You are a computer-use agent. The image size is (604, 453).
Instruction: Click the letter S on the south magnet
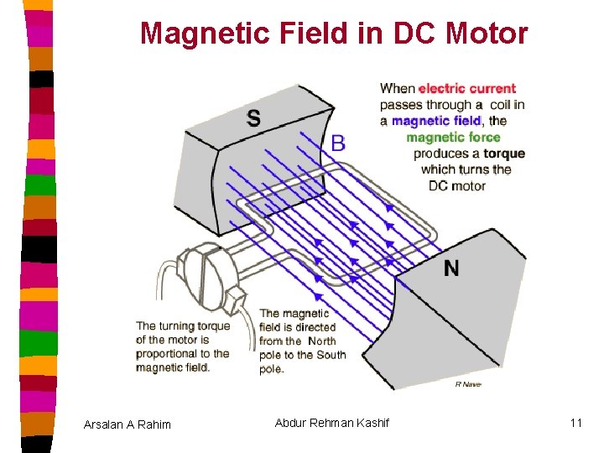point(253,118)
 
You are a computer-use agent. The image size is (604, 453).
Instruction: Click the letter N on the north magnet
point(451,268)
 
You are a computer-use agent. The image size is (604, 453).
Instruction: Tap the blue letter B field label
point(338,143)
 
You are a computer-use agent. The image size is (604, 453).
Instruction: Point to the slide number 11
point(575,423)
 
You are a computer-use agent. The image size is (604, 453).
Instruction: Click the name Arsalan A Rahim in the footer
point(128,424)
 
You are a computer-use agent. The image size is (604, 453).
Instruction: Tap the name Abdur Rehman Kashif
point(332,423)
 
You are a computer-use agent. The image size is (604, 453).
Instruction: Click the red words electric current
point(467,89)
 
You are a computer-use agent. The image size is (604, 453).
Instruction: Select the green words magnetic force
point(453,138)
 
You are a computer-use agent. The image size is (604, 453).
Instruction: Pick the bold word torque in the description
point(503,154)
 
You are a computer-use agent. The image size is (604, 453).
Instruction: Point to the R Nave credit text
point(468,383)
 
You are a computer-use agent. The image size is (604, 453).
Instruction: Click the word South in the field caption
point(331,355)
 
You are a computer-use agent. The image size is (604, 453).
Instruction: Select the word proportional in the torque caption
point(169,354)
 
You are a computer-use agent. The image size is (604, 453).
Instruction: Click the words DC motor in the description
point(457,185)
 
